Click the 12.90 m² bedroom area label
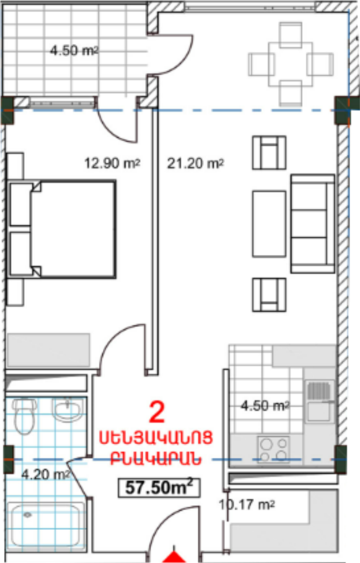coord(112,163)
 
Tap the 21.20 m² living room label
coord(196,163)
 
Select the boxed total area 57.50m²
coord(159,487)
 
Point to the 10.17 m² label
coord(247,505)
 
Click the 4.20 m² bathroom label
coord(46,474)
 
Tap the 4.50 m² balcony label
coord(74,50)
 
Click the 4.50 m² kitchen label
coord(265,406)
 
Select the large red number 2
coord(157,413)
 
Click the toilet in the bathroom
coord(25,416)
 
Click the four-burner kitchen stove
coord(273,449)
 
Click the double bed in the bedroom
coord(61,230)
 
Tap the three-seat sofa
coord(313,224)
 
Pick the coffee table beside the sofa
coord(269,224)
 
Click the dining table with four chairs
coord(291,64)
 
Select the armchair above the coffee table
coord(269,152)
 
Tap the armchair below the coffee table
coord(269,295)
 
